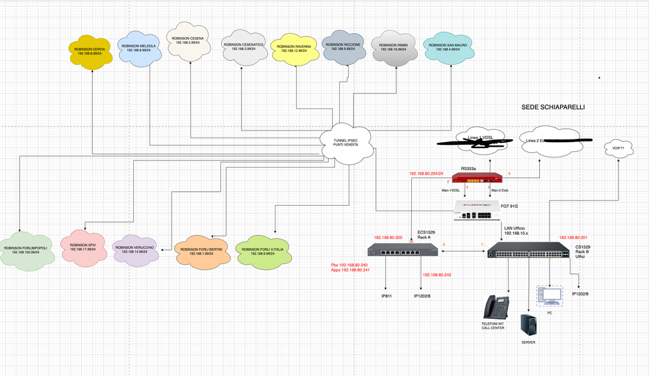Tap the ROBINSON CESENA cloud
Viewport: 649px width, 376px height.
188,41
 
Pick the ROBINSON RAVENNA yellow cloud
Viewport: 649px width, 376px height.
294,49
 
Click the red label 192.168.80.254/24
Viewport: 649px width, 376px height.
426,173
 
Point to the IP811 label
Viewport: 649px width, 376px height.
387,295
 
